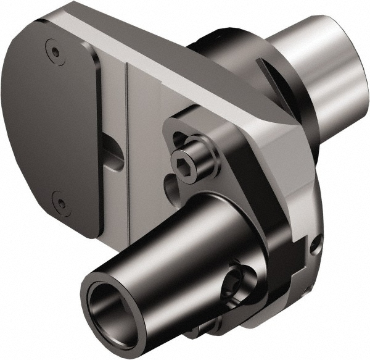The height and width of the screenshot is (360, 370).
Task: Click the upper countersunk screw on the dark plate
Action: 56,53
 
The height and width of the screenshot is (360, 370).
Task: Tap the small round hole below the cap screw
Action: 170,185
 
